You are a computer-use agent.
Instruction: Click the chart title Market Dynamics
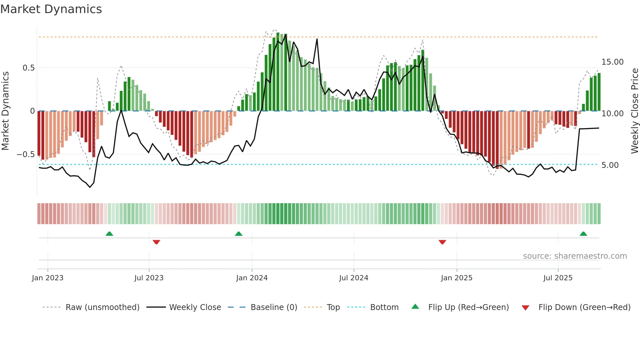click(51, 9)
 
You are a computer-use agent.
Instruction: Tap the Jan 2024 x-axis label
click(252, 278)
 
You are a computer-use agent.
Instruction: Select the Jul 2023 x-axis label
click(149, 278)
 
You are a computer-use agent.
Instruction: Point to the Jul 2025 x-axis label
click(558, 278)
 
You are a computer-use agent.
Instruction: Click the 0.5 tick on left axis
click(28, 68)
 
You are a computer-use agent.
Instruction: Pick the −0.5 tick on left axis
click(26, 154)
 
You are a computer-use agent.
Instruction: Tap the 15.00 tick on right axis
click(612, 62)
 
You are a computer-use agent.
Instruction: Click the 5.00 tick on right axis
click(610, 165)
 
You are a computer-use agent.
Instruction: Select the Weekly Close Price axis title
click(634, 111)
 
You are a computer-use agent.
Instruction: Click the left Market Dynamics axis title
click(5, 111)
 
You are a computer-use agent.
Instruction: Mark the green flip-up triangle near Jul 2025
click(583, 234)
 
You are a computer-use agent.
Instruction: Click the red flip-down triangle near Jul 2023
click(156, 242)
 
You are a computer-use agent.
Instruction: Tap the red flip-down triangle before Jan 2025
click(442, 242)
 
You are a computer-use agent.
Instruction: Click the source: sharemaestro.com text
click(575, 256)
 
